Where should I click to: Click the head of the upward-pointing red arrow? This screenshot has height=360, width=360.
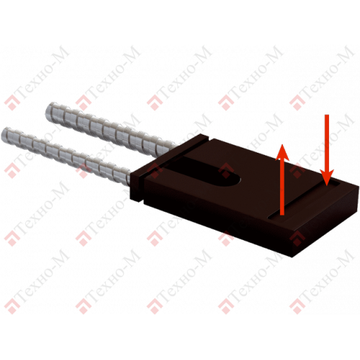click(282, 151)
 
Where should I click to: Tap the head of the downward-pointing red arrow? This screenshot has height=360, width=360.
click(327, 178)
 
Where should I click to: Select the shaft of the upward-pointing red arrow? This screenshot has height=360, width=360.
click(282, 187)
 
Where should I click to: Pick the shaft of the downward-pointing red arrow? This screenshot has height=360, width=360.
click(327, 142)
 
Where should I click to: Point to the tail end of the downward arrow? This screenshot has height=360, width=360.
click(327, 115)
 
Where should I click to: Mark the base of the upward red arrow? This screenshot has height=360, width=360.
click(282, 215)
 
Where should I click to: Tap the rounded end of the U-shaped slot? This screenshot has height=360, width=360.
click(236, 180)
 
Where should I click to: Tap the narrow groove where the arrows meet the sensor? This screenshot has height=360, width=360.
click(304, 200)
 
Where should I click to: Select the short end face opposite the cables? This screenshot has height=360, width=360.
click(326, 221)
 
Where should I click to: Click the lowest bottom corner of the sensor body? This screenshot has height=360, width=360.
click(293, 257)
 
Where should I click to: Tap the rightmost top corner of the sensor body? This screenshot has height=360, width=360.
click(359, 186)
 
